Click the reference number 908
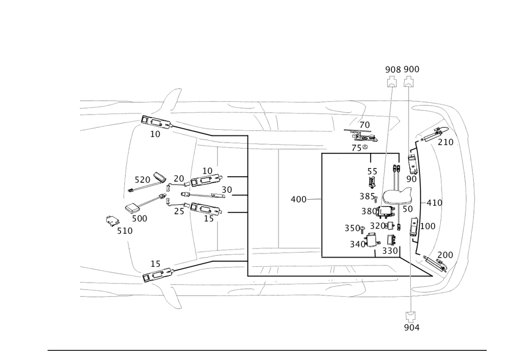392,69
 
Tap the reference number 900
411,69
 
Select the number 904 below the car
411,327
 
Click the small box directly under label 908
392,84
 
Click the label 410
433,202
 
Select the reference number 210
445,142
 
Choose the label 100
430,226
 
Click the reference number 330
389,250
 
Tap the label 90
411,179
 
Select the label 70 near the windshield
364,125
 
